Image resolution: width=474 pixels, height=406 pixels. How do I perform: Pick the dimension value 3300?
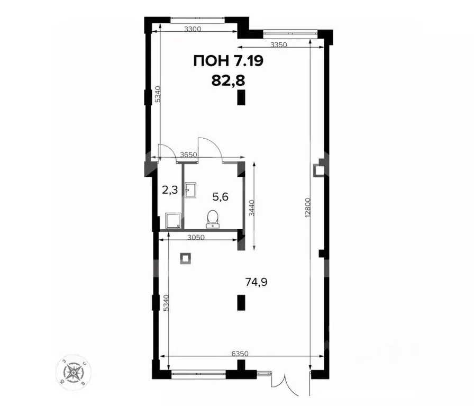194,29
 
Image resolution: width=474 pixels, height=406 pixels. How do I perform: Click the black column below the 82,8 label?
241,97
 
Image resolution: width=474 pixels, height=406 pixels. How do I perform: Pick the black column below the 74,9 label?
241,302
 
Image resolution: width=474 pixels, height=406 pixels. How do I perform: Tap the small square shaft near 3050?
186,258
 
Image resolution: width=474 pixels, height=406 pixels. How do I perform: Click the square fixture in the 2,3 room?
171,220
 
